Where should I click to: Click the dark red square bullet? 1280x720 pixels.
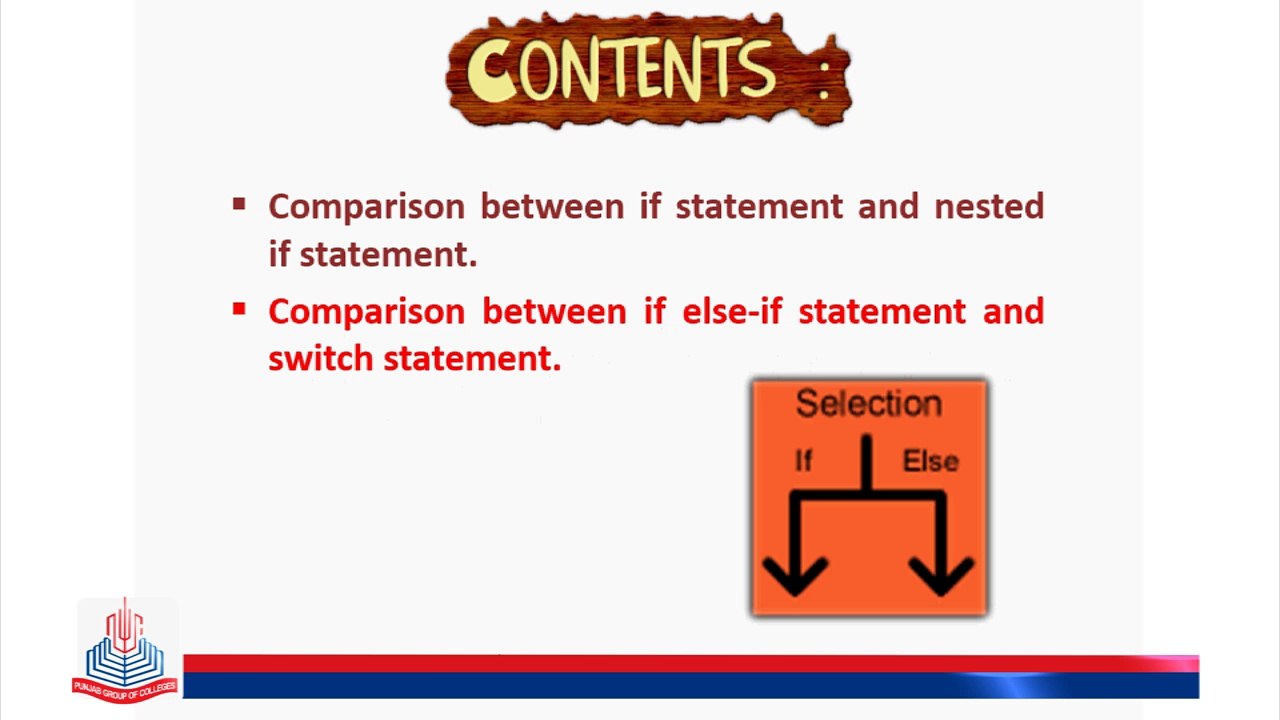point(239,204)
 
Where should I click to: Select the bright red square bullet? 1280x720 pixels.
point(239,309)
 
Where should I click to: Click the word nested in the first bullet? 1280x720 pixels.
point(989,206)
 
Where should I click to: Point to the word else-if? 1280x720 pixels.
point(732,311)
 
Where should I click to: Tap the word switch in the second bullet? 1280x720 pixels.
point(321,359)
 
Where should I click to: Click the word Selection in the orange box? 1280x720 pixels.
point(869,404)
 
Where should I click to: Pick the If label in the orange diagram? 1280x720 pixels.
point(803,461)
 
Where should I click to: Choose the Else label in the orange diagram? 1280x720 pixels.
point(930,461)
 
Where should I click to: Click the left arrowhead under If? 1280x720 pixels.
point(795,576)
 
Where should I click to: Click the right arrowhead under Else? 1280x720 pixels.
point(941,576)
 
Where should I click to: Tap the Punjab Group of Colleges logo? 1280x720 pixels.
point(125,651)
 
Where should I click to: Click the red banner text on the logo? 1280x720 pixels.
point(125,689)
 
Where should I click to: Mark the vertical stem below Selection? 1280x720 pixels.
point(866,463)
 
